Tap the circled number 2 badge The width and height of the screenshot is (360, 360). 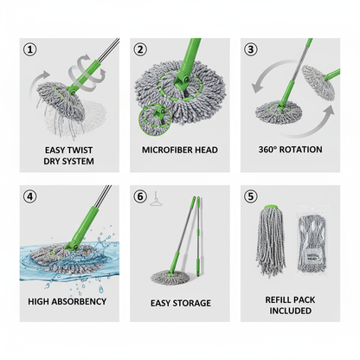click(x=140, y=50)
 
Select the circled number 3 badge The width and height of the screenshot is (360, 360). click(x=250, y=50)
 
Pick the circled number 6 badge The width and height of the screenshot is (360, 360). click(x=140, y=196)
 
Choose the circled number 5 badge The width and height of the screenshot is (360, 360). click(x=250, y=196)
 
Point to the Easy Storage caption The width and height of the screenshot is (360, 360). click(x=181, y=303)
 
